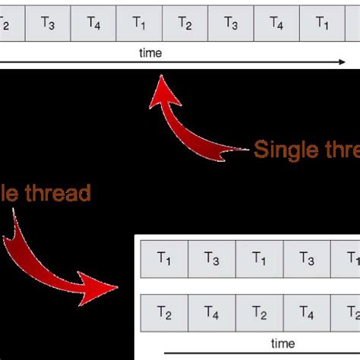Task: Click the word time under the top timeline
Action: point(151,53)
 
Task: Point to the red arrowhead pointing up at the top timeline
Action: point(163,90)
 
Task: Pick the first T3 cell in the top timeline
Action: point(48,23)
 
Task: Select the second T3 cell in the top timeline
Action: point(230,23)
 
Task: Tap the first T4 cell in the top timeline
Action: point(93,23)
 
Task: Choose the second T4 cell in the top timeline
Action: point(276,23)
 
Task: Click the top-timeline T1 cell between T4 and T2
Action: point(139,23)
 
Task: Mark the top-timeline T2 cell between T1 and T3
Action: point(185,23)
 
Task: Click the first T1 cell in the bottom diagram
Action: point(164,261)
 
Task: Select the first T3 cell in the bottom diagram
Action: point(212,261)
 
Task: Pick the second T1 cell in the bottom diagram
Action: point(259,261)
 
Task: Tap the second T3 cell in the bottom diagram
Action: point(307,261)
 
